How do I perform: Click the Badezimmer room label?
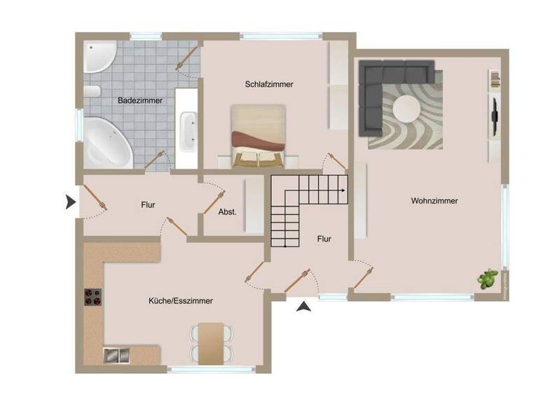tap(140, 100)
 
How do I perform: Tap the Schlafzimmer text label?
tap(269, 84)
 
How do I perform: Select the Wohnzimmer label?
tap(434, 201)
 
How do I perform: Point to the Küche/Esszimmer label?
tap(180, 300)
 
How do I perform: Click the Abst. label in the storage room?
tap(227, 211)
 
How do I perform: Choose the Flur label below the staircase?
tap(324, 239)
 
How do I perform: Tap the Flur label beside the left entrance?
tap(148, 205)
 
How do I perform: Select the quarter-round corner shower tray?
tap(98, 56)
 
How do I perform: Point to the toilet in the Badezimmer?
tap(91, 91)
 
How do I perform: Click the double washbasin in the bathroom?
tap(188, 131)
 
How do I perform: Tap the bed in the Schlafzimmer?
tap(258, 136)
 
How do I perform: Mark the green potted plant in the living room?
tap(487, 279)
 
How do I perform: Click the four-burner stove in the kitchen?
tap(93, 298)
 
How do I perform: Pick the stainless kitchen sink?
tap(116, 355)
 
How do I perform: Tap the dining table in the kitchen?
tap(211, 342)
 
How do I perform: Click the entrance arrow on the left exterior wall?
tap(70, 202)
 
